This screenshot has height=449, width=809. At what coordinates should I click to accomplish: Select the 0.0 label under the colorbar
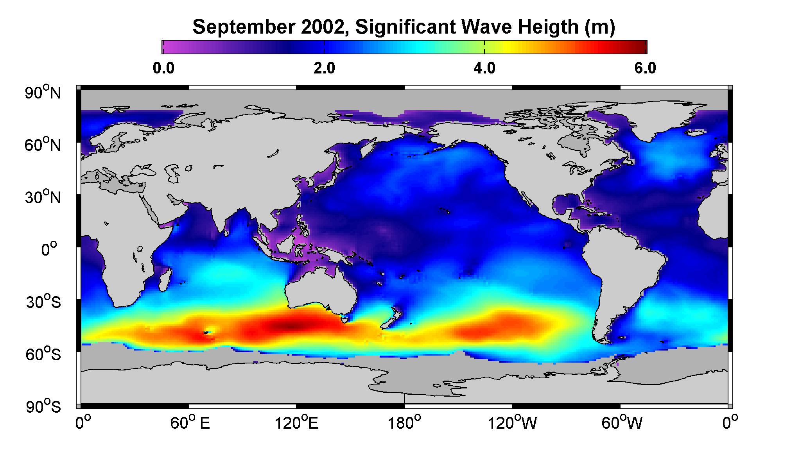point(163,68)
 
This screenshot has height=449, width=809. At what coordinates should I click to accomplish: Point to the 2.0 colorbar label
point(324,68)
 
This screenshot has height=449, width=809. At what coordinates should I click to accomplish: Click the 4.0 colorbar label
point(484,68)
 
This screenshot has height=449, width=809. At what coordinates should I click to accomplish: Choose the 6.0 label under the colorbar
point(645,68)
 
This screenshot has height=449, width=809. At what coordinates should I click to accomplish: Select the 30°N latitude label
point(43,197)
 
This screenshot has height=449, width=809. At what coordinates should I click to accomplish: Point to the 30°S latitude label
point(43,302)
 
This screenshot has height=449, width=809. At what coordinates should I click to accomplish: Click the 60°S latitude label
point(43,354)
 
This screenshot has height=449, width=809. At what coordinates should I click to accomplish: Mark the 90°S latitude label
point(43,406)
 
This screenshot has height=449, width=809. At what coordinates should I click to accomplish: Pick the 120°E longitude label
point(297,423)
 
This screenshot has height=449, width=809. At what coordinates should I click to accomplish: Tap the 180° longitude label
point(404,423)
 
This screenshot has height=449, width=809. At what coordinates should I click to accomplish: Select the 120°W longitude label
point(513,423)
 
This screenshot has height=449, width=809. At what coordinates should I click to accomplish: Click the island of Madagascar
point(165,278)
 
